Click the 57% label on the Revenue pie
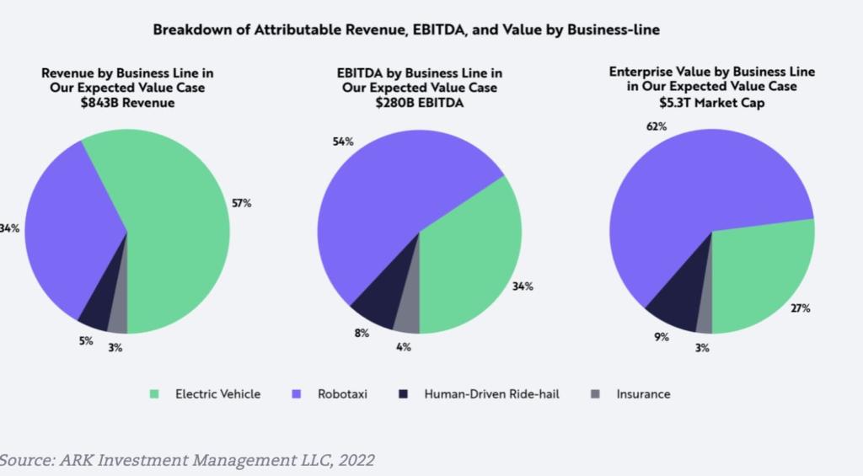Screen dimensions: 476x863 [x=242, y=203]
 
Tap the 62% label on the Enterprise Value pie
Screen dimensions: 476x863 [x=657, y=126]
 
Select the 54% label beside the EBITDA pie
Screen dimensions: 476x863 [x=343, y=142]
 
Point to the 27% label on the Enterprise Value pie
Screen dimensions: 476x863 [x=800, y=308]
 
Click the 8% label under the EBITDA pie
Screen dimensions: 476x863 [x=362, y=334]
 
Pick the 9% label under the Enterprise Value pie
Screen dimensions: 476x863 [x=662, y=337]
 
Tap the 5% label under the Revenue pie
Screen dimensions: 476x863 [x=86, y=341]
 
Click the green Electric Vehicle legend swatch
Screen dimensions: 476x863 [x=153, y=393]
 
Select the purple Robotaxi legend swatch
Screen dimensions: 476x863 [x=297, y=393]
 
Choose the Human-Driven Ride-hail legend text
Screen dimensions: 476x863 [x=491, y=393]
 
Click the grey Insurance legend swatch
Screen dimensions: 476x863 [x=595, y=393]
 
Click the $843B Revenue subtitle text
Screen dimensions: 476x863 [x=127, y=102]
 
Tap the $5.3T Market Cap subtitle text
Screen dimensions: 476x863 [x=712, y=102]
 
